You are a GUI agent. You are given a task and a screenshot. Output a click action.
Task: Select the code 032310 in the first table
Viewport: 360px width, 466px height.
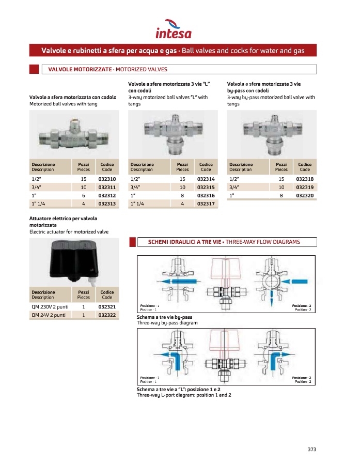[107, 178]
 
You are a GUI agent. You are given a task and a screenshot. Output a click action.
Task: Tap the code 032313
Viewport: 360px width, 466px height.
[107, 204]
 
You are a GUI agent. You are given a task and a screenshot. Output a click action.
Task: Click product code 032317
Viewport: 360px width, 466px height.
[206, 204]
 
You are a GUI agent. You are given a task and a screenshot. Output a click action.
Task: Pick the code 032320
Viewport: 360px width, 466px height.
[305, 195]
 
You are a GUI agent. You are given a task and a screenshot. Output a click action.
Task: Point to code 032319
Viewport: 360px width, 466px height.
[305, 187]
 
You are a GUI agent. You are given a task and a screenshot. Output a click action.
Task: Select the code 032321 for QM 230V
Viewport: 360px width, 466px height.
[107, 306]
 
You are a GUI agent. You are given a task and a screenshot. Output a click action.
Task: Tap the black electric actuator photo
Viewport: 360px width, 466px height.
[74, 259]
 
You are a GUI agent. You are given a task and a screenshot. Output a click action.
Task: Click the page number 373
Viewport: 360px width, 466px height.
[311, 449]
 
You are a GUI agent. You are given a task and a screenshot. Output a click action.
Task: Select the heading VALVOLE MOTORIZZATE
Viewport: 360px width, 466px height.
[80, 69]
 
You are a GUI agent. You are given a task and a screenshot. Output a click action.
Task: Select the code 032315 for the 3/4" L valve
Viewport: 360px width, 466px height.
[206, 187]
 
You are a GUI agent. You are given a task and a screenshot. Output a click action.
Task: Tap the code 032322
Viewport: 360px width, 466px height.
[107, 315]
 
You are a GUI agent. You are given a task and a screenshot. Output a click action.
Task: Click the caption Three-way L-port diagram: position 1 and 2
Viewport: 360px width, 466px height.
[184, 395]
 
